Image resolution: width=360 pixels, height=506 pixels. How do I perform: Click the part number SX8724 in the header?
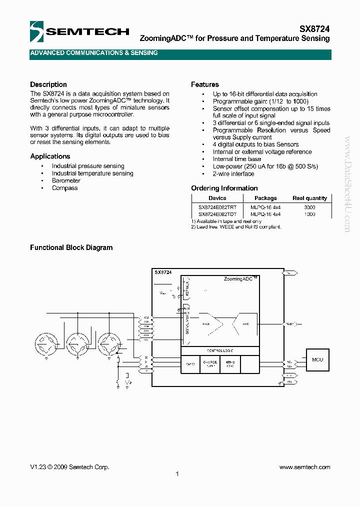pyautogui.click(x=314, y=29)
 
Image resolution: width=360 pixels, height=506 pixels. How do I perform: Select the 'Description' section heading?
pyautogui.click(x=48, y=84)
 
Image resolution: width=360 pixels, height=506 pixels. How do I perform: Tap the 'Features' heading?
pyautogui.click(x=205, y=84)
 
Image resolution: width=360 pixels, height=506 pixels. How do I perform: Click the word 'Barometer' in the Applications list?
pyautogui.click(x=66, y=180)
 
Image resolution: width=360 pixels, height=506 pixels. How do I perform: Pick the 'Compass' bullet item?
pyautogui.click(x=65, y=188)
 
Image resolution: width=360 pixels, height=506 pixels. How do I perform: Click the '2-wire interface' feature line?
pyautogui.click(x=233, y=174)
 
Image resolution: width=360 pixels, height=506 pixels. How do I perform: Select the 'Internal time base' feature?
pyautogui.click(x=237, y=159)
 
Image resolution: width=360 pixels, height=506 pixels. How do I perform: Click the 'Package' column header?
pyautogui.click(x=265, y=198)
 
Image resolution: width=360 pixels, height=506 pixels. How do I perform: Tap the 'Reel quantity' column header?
pyautogui.click(x=309, y=198)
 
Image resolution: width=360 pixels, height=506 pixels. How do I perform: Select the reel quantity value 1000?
pyautogui.click(x=309, y=214)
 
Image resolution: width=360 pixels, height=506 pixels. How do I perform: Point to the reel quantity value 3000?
pyautogui.click(x=309, y=206)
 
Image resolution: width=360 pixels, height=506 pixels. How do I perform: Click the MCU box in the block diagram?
pyautogui.click(x=317, y=360)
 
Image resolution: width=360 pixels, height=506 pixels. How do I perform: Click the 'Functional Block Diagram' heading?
pyautogui.click(x=71, y=247)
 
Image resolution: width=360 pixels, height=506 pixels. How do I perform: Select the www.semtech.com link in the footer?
pyautogui.click(x=304, y=467)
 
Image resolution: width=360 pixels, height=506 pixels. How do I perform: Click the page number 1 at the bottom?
pyautogui.click(x=177, y=474)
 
